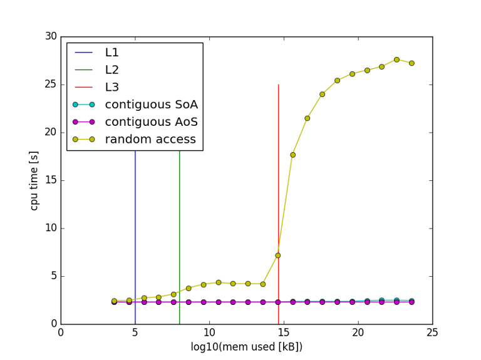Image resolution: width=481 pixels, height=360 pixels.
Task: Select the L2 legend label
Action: point(112,69)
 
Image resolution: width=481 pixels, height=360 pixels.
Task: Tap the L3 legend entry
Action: point(112,87)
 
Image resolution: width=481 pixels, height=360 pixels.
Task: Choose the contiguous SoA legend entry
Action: point(151,104)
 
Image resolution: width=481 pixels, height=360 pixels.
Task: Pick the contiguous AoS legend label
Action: point(151,121)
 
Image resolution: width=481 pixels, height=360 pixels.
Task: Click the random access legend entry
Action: point(150,139)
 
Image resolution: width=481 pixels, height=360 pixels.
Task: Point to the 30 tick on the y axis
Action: point(49,36)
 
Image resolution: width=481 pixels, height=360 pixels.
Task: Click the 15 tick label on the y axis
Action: point(49,180)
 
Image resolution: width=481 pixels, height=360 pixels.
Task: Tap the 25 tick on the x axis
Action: point(432,333)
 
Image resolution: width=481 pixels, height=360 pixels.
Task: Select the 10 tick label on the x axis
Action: point(209,333)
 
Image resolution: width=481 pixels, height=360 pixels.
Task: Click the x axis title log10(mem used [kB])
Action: point(246,347)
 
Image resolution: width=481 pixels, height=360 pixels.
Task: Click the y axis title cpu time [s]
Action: point(34,180)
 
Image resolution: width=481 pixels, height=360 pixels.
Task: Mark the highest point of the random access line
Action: point(396,59)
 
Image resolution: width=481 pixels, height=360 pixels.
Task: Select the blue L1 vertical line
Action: point(135,238)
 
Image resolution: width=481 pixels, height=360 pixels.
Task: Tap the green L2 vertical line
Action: point(180,238)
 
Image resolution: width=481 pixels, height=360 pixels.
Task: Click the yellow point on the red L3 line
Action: point(278,255)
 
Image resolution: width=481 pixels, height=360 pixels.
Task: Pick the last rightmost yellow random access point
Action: point(411,63)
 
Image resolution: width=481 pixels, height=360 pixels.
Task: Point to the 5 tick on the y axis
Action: point(53,276)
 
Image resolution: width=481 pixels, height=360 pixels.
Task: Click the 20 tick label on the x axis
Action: point(358,333)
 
